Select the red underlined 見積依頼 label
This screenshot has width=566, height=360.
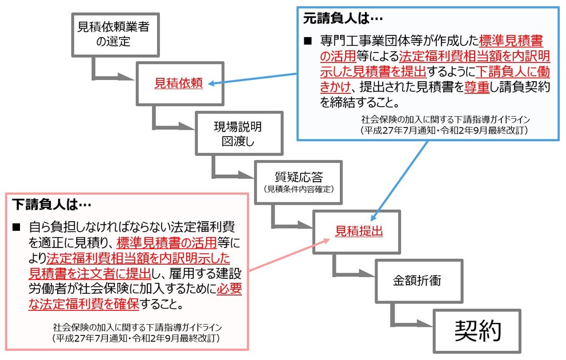point(178,83)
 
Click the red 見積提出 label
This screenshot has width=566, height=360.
point(359,231)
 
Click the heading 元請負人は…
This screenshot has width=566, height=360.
point(343,18)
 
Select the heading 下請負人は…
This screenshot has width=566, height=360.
point(51,205)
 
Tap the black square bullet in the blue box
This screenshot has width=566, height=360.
point(308,41)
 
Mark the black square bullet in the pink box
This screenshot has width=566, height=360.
point(17,227)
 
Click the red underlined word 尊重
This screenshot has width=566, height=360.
point(476,87)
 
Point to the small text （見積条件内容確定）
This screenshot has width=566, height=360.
point(299,189)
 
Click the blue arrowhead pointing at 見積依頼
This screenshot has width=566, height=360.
point(212,83)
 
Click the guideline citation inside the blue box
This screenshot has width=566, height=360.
point(445,125)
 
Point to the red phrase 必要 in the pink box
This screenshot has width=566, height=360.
point(229,289)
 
